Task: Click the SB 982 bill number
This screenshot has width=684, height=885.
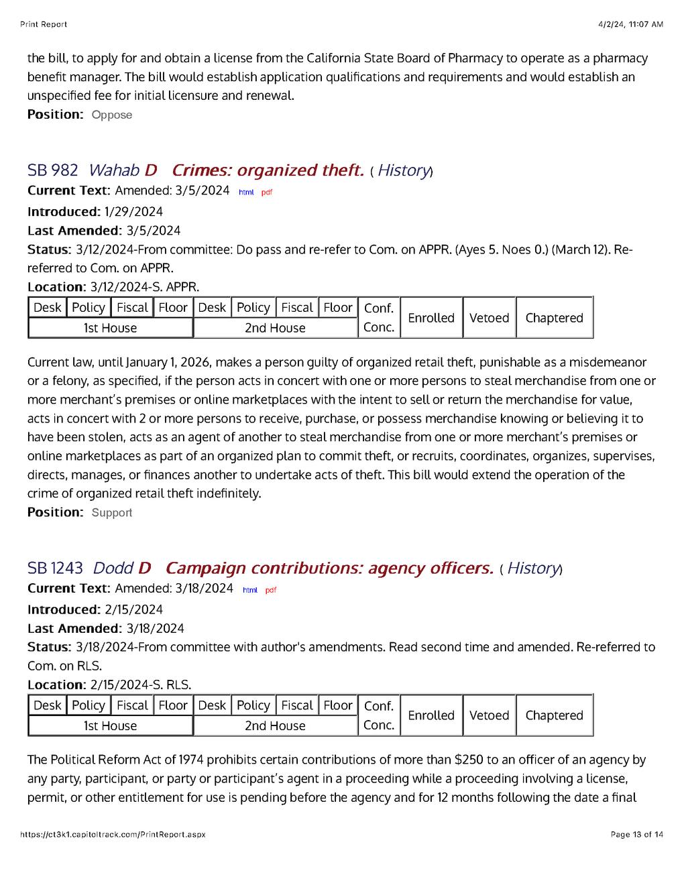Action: [52, 170]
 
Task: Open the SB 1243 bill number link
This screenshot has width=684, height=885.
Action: [55, 568]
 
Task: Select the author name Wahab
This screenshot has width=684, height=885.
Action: [113, 170]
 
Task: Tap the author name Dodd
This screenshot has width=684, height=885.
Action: [113, 568]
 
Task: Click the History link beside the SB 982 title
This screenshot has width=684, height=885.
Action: [403, 170]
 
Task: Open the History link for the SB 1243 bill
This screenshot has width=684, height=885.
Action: [532, 568]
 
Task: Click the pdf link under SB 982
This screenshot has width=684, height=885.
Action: [267, 192]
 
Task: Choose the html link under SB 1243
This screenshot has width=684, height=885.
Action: [249, 590]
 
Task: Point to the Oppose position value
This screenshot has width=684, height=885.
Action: [112, 115]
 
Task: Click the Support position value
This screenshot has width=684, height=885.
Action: [112, 513]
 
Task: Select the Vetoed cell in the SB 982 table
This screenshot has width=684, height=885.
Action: [489, 318]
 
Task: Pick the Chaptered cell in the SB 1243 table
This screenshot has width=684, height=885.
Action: [554, 715]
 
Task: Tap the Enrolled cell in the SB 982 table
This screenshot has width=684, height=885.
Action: [431, 318]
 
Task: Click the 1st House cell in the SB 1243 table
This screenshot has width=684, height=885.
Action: [110, 725]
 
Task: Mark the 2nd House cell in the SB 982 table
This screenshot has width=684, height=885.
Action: [275, 328]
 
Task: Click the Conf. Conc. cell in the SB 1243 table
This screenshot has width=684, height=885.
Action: [378, 715]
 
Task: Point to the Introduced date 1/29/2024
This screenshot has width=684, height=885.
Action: [133, 212]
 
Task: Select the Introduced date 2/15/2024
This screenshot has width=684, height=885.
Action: [133, 609]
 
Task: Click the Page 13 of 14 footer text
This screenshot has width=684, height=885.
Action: [636, 835]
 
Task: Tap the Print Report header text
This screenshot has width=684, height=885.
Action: [44, 24]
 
